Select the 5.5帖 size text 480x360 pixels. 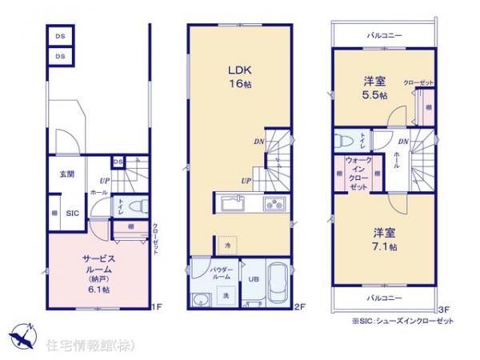(372, 94)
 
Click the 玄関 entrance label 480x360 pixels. (66, 174)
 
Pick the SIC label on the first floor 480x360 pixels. (70, 213)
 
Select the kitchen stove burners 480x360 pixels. (274, 202)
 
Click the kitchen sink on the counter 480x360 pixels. (235, 202)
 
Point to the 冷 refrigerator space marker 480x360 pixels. (227, 243)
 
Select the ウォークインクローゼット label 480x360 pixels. (357, 173)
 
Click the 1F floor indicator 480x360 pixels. (158, 307)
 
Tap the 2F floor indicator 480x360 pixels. (300, 307)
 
